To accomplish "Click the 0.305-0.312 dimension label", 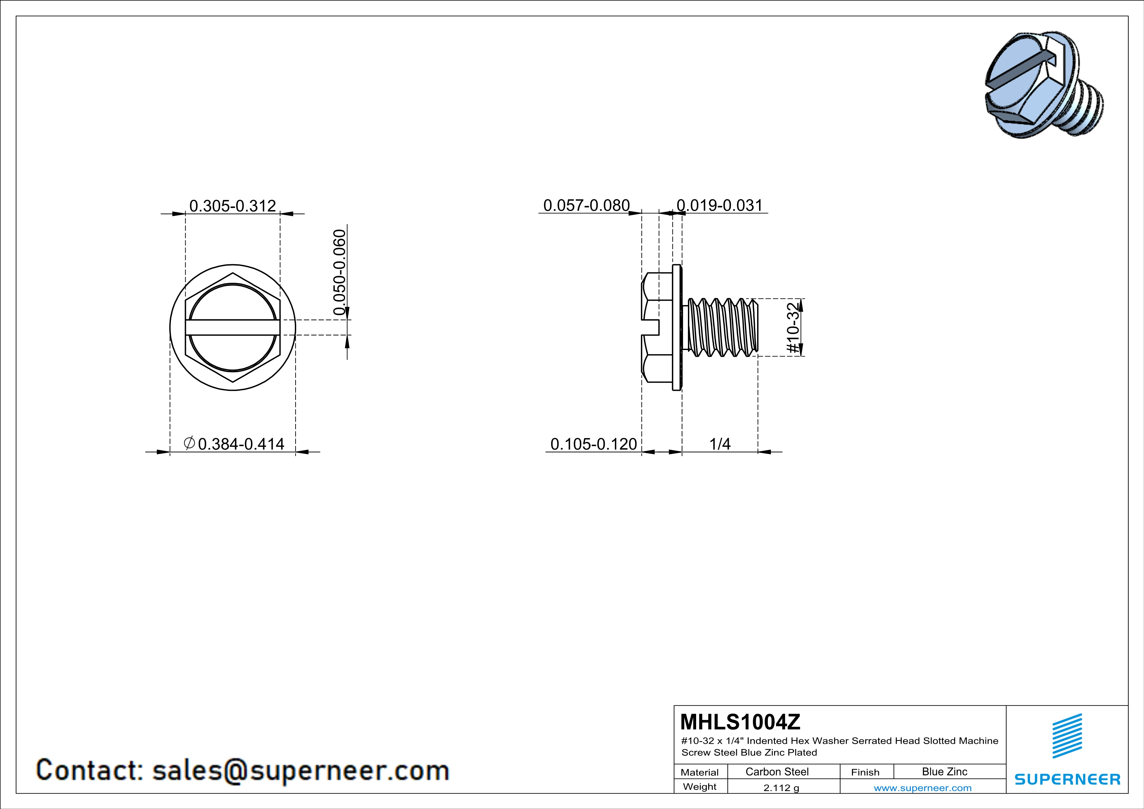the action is click(233, 206).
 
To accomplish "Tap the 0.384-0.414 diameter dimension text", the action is click(241, 444).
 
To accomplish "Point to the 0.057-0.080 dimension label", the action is click(587, 205).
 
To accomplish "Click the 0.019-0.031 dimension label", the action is click(720, 205).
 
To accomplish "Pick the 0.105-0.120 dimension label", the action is click(593, 444).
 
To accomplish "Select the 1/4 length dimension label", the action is click(720, 444).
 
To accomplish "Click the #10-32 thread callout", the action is click(793, 328).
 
